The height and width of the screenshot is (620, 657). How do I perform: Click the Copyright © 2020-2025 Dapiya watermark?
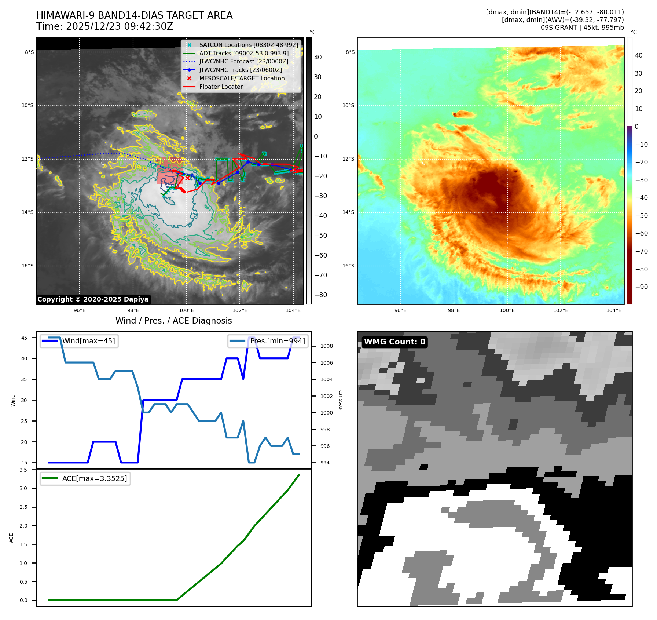click(x=93, y=299)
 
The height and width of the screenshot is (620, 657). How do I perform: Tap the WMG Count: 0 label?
click(x=394, y=342)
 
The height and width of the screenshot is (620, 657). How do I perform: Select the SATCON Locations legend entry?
click(x=249, y=45)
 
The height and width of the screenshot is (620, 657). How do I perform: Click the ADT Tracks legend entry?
click(x=244, y=53)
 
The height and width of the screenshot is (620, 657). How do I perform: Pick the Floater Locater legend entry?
click(x=221, y=87)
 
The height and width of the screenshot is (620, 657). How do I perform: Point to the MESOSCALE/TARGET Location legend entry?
click(x=242, y=78)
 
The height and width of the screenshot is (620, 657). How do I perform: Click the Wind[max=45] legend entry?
click(x=88, y=341)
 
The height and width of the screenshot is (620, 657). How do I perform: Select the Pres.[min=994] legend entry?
click(x=277, y=341)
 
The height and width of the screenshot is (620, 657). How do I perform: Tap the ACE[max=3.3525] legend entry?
click(x=94, y=478)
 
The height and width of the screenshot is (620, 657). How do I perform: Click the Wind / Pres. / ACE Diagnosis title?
click(x=174, y=321)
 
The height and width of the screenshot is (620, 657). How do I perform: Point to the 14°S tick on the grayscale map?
click(x=27, y=212)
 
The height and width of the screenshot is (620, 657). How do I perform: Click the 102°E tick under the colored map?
click(x=561, y=310)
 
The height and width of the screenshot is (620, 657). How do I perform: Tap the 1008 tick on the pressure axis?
click(x=327, y=346)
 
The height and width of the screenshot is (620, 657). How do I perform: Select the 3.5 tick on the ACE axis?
click(x=23, y=470)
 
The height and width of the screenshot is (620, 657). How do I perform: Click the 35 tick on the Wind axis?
click(x=24, y=379)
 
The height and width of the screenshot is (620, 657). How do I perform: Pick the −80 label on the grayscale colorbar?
click(x=320, y=295)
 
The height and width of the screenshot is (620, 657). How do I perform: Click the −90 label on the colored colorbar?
click(x=641, y=287)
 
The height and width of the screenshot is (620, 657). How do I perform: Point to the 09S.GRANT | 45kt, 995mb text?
click(x=582, y=28)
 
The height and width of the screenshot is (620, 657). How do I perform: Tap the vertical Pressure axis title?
click(x=341, y=401)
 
